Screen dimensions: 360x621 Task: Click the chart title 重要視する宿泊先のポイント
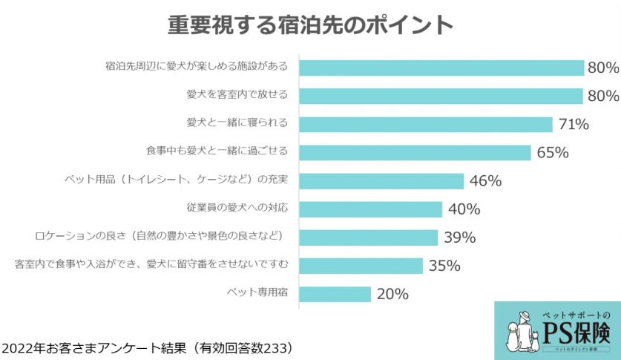point(309,24)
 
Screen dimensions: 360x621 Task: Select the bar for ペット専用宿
point(335,294)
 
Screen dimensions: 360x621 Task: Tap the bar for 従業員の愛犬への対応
point(370,209)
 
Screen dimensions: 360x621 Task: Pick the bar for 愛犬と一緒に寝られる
point(426,124)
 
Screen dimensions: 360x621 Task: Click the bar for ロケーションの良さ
point(368,238)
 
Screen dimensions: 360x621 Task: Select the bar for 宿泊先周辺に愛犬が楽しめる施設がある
point(441,68)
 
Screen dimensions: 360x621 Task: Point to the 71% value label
point(573,125)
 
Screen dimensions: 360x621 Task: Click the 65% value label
point(552,153)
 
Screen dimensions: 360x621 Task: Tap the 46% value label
point(485,181)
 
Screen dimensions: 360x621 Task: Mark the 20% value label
point(392,295)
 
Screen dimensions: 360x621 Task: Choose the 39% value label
point(459,238)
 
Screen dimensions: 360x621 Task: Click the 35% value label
point(444,266)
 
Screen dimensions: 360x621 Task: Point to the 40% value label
point(464,210)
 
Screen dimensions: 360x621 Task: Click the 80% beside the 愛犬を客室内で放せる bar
point(602,96)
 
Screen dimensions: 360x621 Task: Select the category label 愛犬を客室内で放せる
point(237,95)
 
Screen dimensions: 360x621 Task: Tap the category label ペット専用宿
point(257,293)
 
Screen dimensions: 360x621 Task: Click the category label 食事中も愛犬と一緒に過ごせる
point(216,151)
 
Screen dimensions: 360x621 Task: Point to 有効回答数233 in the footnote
point(243,347)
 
